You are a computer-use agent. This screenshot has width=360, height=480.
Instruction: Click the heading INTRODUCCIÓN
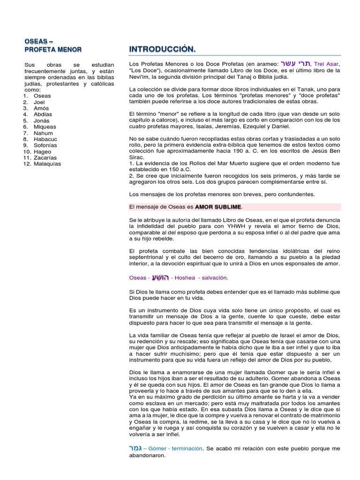[162, 49]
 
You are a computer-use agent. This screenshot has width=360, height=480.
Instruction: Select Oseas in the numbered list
[42, 96]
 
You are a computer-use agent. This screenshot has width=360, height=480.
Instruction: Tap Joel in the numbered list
[39, 102]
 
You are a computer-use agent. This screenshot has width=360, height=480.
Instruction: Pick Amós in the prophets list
[41, 108]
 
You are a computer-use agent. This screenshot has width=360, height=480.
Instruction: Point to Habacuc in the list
[45, 139]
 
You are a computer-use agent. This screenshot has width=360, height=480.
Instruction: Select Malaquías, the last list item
[47, 164]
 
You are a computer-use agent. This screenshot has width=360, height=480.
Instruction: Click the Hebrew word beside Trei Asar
[295, 63]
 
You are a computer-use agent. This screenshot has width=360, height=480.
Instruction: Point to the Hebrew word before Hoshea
[160, 277]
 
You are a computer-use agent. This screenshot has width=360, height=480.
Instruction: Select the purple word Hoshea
[185, 278]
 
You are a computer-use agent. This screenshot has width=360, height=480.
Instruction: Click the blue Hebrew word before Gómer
[135, 449]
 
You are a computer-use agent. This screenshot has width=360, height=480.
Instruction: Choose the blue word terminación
[186, 449]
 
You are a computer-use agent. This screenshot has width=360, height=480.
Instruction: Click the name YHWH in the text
[223, 225]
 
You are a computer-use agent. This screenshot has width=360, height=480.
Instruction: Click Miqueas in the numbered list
[45, 127]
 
